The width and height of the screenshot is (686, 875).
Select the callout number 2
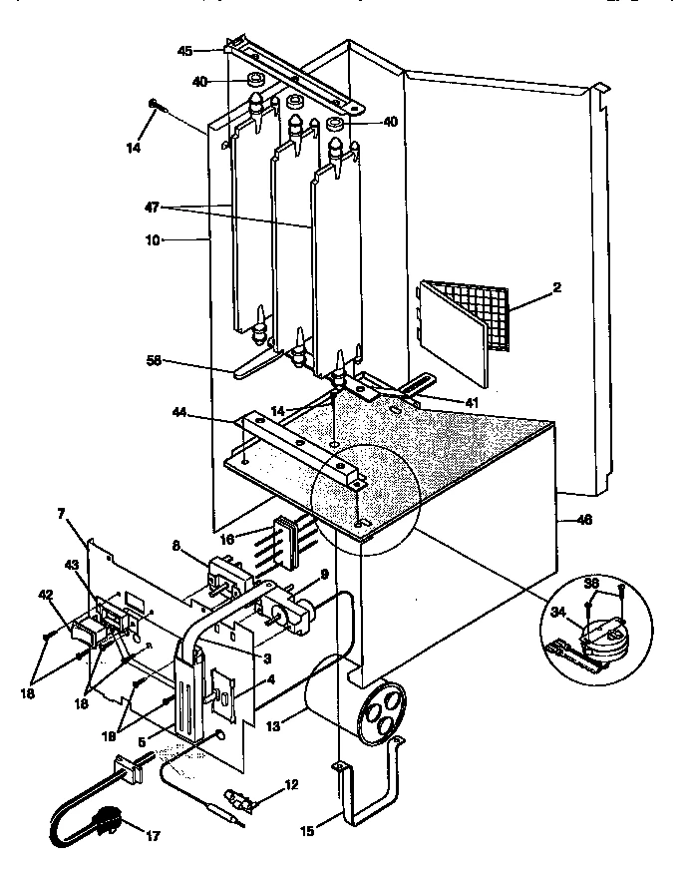(556, 287)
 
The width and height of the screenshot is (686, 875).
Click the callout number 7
(61, 513)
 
